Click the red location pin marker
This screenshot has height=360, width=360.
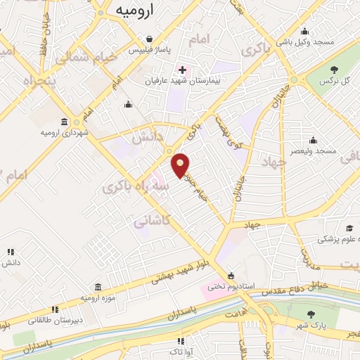[181, 165]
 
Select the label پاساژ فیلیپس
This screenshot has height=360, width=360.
[150, 51]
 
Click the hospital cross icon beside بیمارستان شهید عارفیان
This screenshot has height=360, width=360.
[183, 70]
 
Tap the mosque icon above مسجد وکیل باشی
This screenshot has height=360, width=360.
[304, 31]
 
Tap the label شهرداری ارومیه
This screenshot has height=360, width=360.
[65, 132]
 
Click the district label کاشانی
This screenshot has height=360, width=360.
[150, 221]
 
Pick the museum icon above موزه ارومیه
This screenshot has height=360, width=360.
[96, 287]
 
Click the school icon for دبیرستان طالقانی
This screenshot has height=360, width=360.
[54, 309]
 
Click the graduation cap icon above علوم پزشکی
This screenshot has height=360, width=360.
[349, 228]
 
